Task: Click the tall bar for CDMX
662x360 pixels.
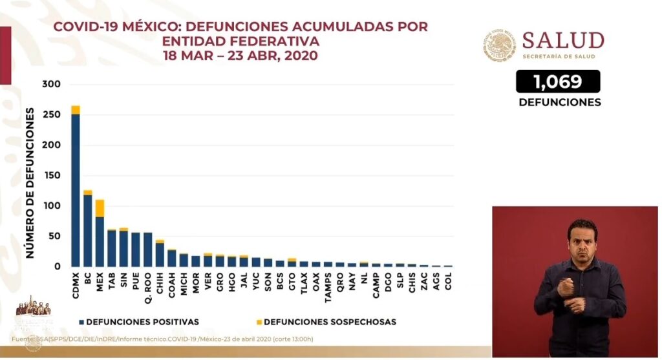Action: click(x=76, y=187)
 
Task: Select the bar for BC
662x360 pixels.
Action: click(x=87, y=229)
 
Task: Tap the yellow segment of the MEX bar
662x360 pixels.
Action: click(x=100, y=208)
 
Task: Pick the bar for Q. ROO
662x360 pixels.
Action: click(x=147, y=249)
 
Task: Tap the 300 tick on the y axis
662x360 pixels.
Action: click(x=51, y=85)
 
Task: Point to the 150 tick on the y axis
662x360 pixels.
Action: click(x=51, y=176)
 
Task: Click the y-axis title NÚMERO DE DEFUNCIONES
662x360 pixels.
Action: click(x=30, y=184)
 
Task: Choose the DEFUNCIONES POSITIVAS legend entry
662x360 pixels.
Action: click(x=138, y=321)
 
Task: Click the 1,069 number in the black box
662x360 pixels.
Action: click(x=557, y=81)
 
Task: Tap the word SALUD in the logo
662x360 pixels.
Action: click(x=562, y=41)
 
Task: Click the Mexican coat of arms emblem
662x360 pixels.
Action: click(x=500, y=45)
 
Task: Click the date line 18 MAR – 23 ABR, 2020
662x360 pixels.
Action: click(x=240, y=56)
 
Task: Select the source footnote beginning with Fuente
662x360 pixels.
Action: click(x=162, y=339)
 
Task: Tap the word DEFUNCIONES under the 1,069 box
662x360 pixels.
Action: click(x=559, y=102)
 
